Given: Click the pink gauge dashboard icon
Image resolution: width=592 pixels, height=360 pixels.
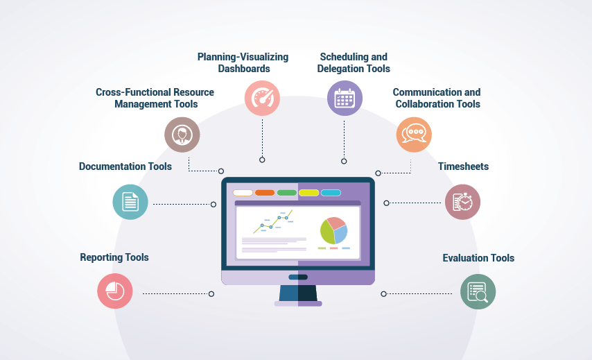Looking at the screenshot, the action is click(x=262, y=98).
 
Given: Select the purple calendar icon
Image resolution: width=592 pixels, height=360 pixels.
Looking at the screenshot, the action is click(x=345, y=98).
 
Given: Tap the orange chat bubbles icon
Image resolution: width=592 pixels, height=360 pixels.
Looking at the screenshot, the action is click(x=414, y=135).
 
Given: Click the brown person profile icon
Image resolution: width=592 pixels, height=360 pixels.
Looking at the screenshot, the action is click(x=182, y=135).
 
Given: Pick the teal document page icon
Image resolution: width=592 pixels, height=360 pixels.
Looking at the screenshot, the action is click(x=130, y=202).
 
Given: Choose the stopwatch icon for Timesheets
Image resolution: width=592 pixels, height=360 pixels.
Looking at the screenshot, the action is click(x=462, y=202).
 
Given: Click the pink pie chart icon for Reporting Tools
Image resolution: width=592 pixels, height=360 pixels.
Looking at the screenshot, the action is click(x=115, y=291).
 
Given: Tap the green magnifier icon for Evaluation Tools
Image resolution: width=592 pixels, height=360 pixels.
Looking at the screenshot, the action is click(x=478, y=291).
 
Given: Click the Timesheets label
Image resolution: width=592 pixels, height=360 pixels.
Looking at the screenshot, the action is click(x=463, y=166).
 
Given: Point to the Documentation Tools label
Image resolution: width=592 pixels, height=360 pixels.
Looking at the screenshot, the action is click(x=125, y=166).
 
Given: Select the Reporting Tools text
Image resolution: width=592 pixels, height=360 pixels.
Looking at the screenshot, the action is click(x=114, y=257).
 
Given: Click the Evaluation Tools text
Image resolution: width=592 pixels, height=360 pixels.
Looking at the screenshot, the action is click(x=478, y=258).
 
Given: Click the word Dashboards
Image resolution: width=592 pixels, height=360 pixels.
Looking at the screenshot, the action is click(x=244, y=69).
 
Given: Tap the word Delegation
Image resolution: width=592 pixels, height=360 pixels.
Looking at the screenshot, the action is click(x=338, y=69).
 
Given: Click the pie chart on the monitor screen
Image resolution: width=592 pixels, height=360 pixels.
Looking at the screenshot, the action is click(x=333, y=230).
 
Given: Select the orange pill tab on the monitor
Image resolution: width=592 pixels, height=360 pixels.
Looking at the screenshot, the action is click(x=265, y=193).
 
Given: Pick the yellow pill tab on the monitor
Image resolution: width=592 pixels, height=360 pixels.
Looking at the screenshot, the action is click(x=309, y=193).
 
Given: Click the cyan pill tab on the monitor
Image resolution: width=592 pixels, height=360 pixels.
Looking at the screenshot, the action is click(x=331, y=193).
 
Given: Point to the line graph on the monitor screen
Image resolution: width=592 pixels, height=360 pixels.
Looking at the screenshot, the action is click(x=273, y=222).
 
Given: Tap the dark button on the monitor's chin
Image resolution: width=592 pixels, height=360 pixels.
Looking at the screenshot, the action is click(x=298, y=277).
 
